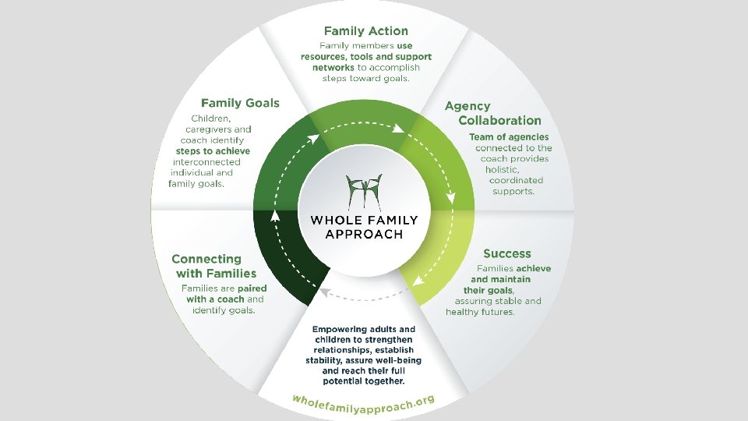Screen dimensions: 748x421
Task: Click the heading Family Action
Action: pyautogui.click(x=365, y=31)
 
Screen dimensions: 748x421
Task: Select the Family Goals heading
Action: pyautogui.click(x=240, y=102)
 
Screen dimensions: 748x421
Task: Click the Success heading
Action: pyautogui.click(x=506, y=253)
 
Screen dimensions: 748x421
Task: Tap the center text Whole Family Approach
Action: pyautogui.click(x=364, y=227)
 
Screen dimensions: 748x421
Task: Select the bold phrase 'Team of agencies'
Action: pyautogui.click(x=509, y=136)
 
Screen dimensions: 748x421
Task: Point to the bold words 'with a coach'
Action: pyautogui.click(x=215, y=299)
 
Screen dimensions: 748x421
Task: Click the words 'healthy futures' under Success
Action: pyautogui.click(x=480, y=312)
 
